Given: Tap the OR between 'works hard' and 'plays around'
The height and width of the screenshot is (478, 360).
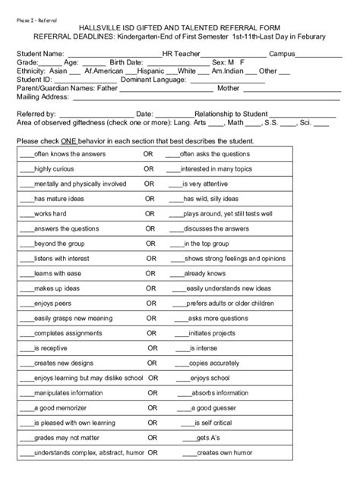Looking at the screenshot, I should [x=150, y=215].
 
